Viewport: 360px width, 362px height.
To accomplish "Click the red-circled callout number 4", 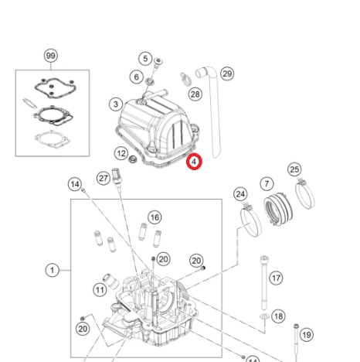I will point(193,162).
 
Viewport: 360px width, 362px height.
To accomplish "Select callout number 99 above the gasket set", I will point(51,56).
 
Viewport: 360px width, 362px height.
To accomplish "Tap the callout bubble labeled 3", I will point(115,104).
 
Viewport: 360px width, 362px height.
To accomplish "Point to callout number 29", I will point(227,73).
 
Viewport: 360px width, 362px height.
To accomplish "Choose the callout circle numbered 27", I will point(104,177).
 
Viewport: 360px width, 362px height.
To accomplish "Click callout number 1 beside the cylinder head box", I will point(53,270).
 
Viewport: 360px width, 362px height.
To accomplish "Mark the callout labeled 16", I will point(155,217).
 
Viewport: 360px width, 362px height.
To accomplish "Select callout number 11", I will point(100,289).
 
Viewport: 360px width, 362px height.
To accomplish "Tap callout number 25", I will point(294,169).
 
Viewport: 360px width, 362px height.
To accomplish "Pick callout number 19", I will point(307,335).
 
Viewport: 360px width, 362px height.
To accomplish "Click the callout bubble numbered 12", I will point(121,153).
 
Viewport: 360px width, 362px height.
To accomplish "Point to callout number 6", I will point(136,77).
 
